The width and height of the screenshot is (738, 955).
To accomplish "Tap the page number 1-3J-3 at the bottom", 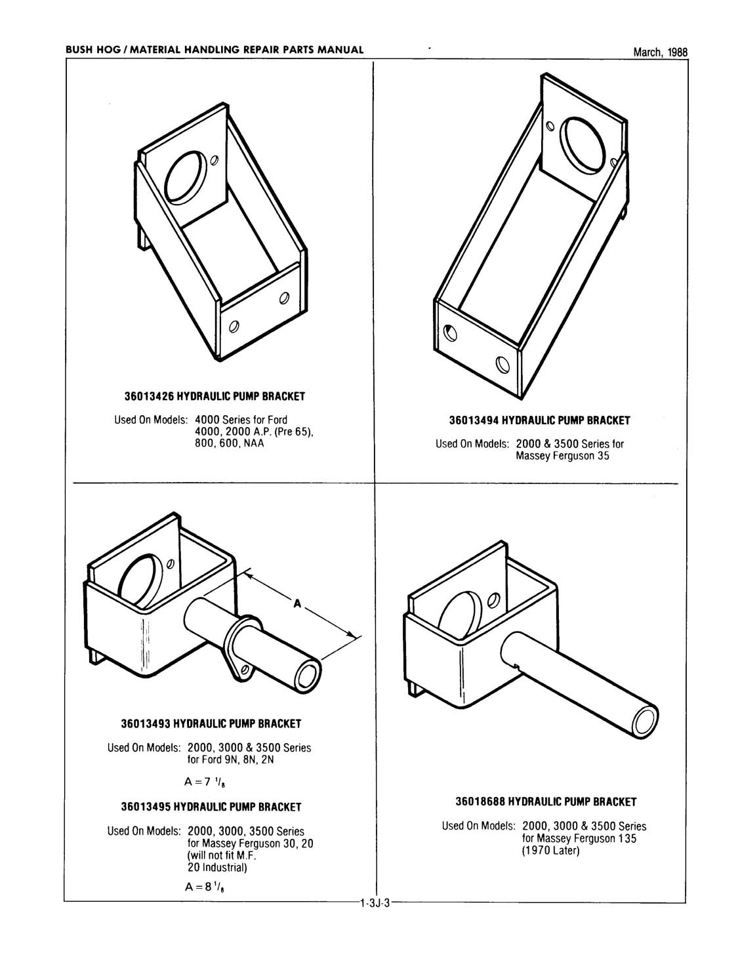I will [375, 904].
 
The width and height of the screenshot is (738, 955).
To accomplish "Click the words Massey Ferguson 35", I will [562, 456].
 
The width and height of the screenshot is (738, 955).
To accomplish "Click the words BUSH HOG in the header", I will [89, 50].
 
